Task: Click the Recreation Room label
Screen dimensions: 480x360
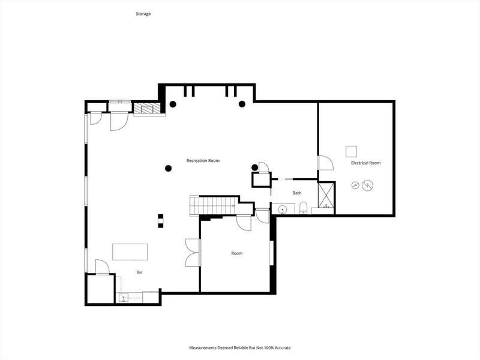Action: click(x=203, y=160)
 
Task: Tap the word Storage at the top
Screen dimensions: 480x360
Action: click(x=143, y=14)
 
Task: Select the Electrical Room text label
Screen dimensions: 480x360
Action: click(x=366, y=163)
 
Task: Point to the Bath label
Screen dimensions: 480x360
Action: click(x=297, y=193)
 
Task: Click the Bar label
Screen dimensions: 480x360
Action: click(x=139, y=272)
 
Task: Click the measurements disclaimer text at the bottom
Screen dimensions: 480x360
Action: click(x=240, y=348)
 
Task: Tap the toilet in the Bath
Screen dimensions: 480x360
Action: click(x=303, y=208)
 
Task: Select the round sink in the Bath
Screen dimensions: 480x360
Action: click(x=282, y=209)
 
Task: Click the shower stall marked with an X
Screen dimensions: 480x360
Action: click(x=326, y=195)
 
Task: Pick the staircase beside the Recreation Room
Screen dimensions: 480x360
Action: click(x=214, y=206)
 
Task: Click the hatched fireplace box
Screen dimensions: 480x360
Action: click(x=147, y=108)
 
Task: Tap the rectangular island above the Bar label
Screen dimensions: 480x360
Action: click(x=130, y=252)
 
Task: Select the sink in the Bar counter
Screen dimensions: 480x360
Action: click(x=124, y=297)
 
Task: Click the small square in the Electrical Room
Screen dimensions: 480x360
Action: click(x=352, y=152)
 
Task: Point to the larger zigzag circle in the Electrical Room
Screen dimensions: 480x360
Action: click(x=368, y=185)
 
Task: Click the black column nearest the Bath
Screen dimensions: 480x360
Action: click(x=254, y=167)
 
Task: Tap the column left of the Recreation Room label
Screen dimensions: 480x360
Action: click(x=168, y=168)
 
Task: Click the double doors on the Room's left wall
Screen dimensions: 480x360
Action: click(x=192, y=253)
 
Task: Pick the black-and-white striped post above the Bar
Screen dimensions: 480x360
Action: click(x=161, y=221)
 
